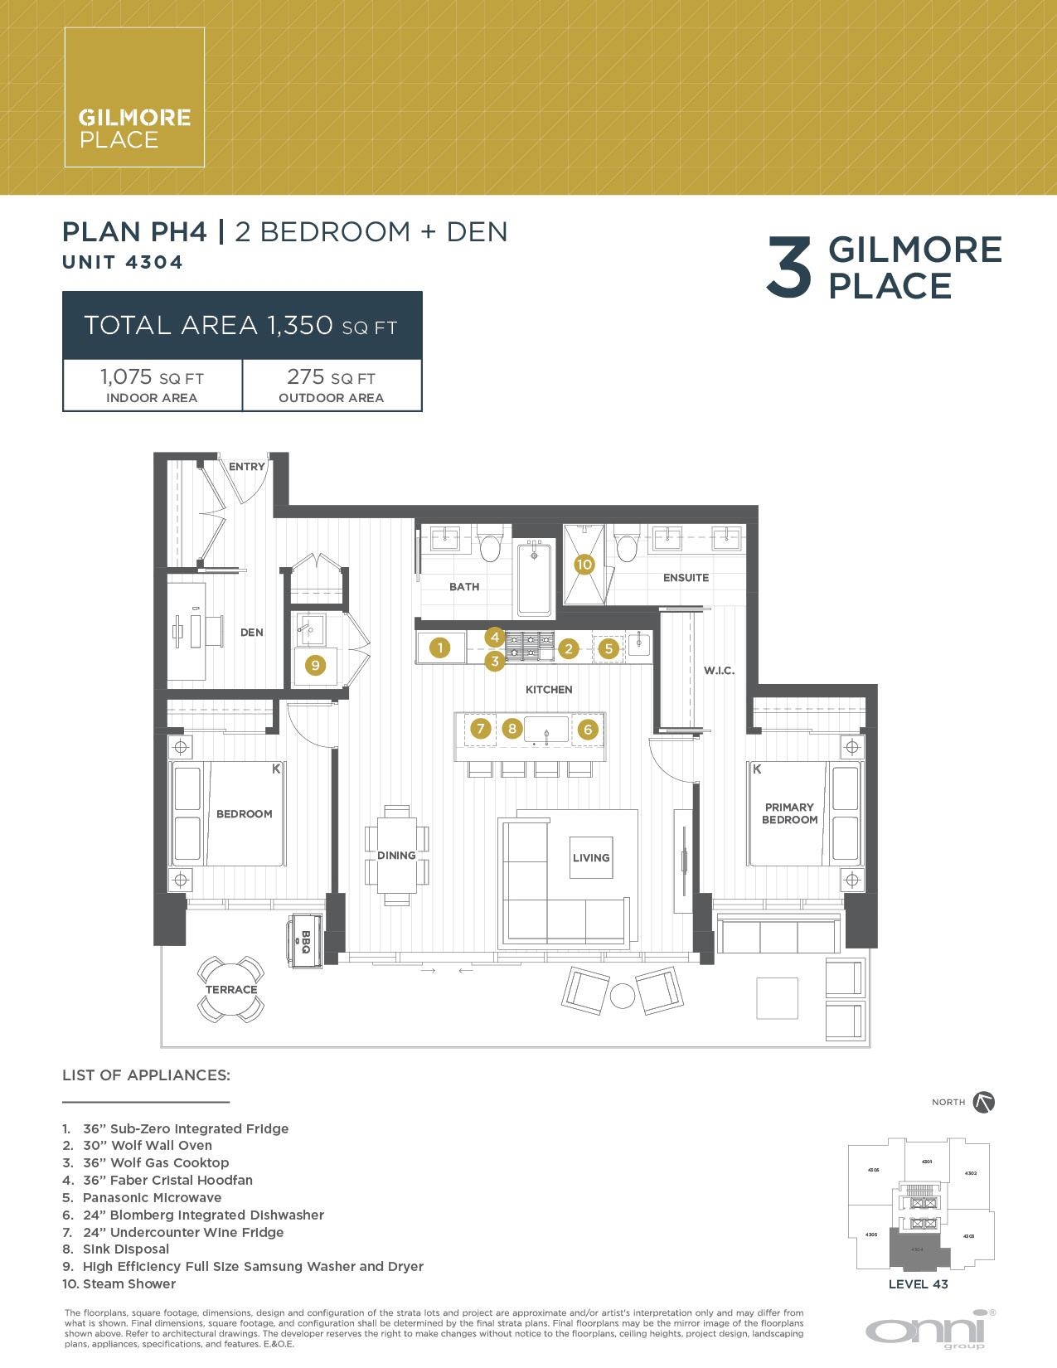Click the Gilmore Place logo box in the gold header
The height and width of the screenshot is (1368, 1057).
pyautogui.click(x=134, y=97)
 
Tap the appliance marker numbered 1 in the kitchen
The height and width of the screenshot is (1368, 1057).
pyautogui.click(x=440, y=648)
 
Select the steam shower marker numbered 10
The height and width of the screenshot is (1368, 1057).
pyautogui.click(x=584, y=565)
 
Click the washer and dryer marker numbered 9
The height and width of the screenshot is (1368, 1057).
pyautogui.click(x=314, y=664)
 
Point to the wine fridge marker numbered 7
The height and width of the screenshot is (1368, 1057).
pyautogui.click(x=480, y=729)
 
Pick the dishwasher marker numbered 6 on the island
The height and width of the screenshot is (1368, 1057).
pyautogui.click(x=588, y=730)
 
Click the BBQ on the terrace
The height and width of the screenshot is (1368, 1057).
pyautogui.click(x=305, y=940)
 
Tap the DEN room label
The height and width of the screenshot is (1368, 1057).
pyautogui.click(x=252, y=632)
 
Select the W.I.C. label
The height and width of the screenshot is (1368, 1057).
pyautogui.click(x=719, y=671)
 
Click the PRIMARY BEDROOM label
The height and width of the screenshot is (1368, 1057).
pyautogui.click(x=790, y=813)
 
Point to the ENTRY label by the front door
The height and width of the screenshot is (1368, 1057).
pyautogui.click(x=246, y=467)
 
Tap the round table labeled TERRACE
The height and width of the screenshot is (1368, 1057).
pyautogui.click(x=231, y=989)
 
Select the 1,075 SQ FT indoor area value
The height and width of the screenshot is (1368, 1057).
pyautogui.click(x=152, y=378)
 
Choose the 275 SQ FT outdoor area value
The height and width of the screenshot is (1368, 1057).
pyautogui.click(x=331, y=378)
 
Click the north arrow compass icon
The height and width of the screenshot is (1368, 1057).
pyautogui.click(x=984, y=1102)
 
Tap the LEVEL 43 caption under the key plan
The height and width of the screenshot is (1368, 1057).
pyautogui.click(x=918, y=1284)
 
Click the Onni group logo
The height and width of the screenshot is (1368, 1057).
pyautogui.click(x=931, y=1330)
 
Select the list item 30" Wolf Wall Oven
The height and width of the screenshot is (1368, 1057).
pyautogui.click(x=148, y=1145)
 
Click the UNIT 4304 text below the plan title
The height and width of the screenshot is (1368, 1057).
pyautogui.click(x=123, y=262)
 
